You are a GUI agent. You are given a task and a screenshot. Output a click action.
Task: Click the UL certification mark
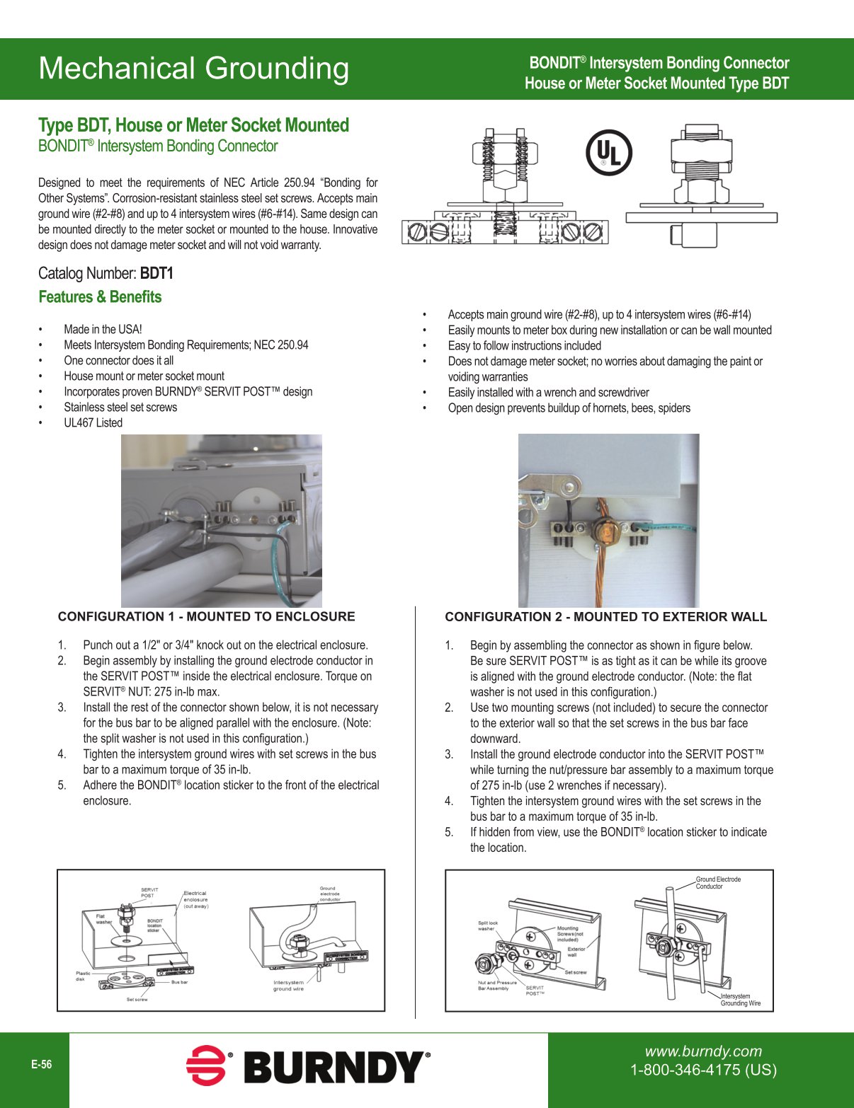point(609,153)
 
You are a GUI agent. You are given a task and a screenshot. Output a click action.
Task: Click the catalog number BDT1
point(156,274)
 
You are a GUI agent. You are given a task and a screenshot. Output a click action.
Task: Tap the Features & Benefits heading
point(100,297)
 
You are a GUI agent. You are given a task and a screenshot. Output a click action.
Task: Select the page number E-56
point(41,1064)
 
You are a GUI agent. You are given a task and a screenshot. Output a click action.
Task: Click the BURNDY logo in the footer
point(308,1066)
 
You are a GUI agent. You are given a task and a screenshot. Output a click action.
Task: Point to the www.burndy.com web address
point(702,1051)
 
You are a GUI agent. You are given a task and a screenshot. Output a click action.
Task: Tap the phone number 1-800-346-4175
point(703,1070)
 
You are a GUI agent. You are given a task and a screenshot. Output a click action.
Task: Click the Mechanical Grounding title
point(193,69)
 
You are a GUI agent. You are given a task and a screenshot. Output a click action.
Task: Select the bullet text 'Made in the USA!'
point(103,330)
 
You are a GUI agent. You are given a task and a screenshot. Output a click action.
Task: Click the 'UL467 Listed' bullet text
point(93,423)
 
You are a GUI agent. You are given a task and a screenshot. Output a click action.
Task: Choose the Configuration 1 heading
point(206,617)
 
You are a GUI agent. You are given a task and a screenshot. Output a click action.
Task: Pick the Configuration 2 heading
point(605,617)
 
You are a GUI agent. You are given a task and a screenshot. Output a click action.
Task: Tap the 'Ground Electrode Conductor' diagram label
point(717,883)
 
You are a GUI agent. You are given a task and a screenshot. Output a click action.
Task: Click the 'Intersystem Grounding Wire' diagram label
point(740,1000)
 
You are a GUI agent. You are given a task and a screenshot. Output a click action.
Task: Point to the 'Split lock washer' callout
point(487,925)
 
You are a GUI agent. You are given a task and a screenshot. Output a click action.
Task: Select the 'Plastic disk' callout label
point(84,976)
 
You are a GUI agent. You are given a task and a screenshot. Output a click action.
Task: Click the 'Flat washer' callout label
point(104,918)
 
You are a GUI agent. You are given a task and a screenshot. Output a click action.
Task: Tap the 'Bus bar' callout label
point(179,982)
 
